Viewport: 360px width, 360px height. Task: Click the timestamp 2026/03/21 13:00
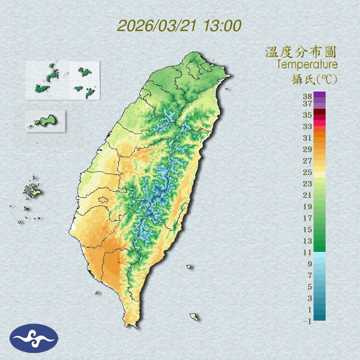[x=179, y=26]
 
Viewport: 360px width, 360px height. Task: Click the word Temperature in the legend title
[x=307, y=65]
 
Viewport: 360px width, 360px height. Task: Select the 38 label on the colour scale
[x=308, y=96]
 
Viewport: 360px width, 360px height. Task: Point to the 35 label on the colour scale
[x=308, y=115]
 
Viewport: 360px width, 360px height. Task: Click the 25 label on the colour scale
[x=308, y=172]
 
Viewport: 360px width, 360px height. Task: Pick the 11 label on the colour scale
[x=308, y=252]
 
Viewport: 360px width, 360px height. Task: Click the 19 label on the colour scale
[x=308, y=207]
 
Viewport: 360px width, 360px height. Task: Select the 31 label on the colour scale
[x=308, y=138]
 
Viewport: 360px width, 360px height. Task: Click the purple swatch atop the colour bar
[x=320, y=94]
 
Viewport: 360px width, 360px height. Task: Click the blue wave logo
[x=34, y=338]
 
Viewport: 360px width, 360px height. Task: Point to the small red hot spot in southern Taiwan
[x=119, y=261]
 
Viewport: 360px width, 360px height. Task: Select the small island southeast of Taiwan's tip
[x=194, y=316]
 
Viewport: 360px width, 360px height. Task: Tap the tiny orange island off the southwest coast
[x=97, y=293]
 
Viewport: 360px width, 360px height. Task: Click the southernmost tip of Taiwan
[x=132, y=326]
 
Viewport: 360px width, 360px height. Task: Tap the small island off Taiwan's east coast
[x=189, y=267]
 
